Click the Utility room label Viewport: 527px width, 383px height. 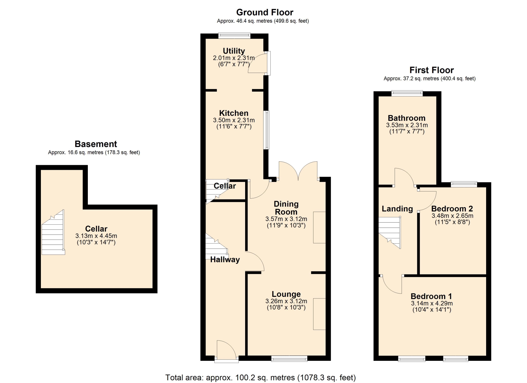pyautogui.click(x=234, y=51)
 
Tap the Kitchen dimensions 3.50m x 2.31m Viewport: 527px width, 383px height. pyautogui.click(x=234, y=120)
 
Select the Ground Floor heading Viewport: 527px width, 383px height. pyautogui.click(x=265, y=12)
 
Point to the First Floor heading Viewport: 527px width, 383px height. pyautogui.click(x=431, y=70)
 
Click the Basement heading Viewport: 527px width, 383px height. pyautogui.click(x=96, y=144)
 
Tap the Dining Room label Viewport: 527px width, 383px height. pyautogui.click(x=286, y=208)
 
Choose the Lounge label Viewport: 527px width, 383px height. pyautogui.click(x=286, y=294)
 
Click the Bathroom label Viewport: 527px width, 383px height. pyautogui.click(x=407, y=118)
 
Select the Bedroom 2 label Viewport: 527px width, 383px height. pyautogui.click(x=452, y=209)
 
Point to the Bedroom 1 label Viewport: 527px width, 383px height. pyautogui.click(x=431, y=296)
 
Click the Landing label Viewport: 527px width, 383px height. pyautogui.click(x=397, y=209)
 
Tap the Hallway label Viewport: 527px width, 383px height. pyautogui.click(x=225, y=260)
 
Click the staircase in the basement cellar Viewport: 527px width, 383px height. pyautogui.click(x=53, y=232)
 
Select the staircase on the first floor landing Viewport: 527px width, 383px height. pyautogui.click(x=390, y=232)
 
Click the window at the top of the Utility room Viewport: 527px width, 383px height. pyautogui.click(x=234, y=36)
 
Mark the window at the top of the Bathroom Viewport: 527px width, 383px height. pyautogui.click(x=407, y=93)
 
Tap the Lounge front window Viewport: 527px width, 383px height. pyautogui.click(x=289, y=358)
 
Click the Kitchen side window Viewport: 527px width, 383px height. pyautogui.click(x=266, y=130)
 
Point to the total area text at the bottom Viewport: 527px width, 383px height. pyautogui.click(x=260, y=378)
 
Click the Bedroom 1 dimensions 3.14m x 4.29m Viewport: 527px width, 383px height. pyautogui.click(x=432, y=303)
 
